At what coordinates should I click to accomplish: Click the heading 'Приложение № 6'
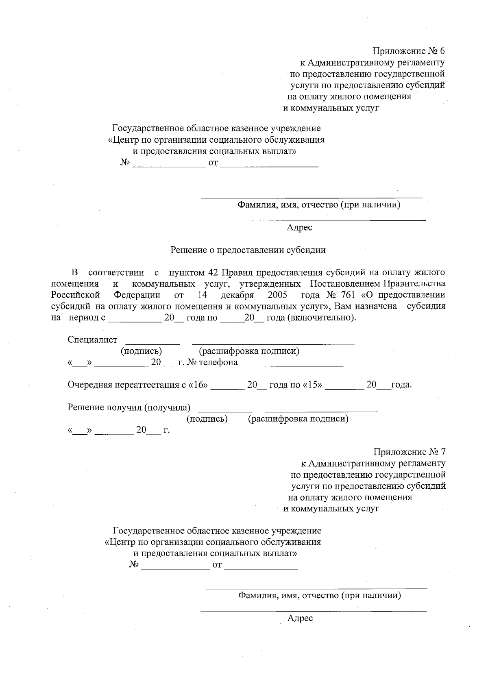[x=409, y=51]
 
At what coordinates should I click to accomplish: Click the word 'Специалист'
[x=92, y=340]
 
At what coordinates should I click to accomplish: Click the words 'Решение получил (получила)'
[x=129, y=407]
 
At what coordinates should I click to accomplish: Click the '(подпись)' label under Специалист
[x=141, y=351]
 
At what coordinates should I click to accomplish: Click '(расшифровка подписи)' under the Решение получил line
[x=298, y=419]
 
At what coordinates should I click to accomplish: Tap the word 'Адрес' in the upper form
[x=299, y=228]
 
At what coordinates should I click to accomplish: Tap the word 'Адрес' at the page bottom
[x=300, y=618]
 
